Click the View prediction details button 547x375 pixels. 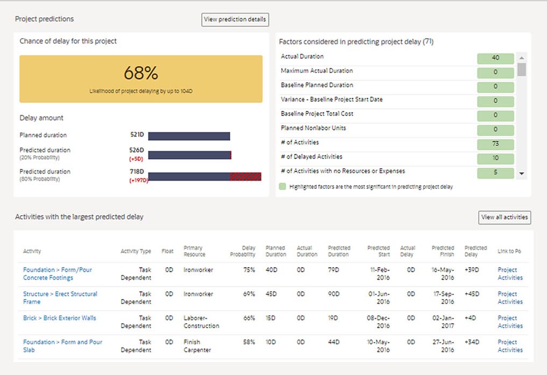point(235,19)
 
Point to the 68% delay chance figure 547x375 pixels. point(141,73)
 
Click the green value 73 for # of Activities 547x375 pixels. point(495,144)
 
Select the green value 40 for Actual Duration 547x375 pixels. point(495,58)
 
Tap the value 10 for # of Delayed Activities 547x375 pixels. point(495,158)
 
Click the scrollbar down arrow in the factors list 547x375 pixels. point(522,173)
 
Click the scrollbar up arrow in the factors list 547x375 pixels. point(522,58)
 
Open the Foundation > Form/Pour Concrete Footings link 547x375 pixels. point(57,274)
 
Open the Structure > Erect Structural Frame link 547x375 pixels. point(60,298)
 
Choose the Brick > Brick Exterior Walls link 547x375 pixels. point(59,318)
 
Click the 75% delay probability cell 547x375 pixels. point(248,270)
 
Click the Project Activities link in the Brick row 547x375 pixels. point(510,322)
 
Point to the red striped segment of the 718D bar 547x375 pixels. point(245,176)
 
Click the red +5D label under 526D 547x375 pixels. point(136,159)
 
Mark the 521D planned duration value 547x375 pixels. point(137,136)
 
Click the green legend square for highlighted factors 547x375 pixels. point(283,187)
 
